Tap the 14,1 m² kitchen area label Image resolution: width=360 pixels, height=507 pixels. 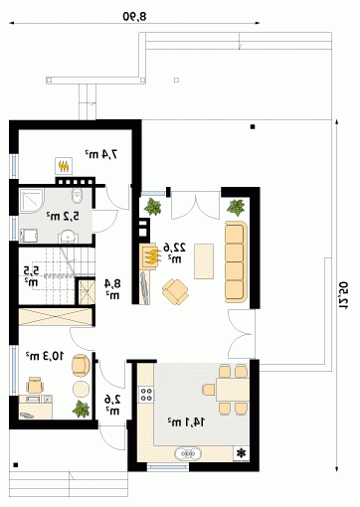[186, 422]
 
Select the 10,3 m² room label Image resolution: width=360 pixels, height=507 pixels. [45, 356]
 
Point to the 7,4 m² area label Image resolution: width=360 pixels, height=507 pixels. [101, 154]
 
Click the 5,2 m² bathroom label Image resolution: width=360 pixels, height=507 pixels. [63, 217]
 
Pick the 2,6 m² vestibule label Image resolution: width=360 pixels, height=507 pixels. [112, 405]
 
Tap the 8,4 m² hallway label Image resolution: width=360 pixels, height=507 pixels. [112, 289]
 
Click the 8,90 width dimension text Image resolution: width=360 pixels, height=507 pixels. [134, 16]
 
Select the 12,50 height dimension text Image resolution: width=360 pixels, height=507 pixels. [343, 295]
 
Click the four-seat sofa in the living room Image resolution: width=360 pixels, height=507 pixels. [236, 262]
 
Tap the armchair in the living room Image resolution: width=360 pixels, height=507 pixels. [175, 291]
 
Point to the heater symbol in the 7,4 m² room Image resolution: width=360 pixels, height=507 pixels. [64, 166]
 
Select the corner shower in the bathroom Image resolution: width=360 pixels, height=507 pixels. [32, 201]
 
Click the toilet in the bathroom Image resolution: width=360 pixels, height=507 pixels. [77, 196]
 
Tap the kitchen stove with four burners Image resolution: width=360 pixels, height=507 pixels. [146, 394]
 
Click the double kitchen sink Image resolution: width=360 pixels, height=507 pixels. [188, 453]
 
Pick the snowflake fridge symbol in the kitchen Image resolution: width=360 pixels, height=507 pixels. [241, 452]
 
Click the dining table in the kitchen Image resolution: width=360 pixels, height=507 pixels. [233, 389]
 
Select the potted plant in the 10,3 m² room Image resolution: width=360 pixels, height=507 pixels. [82, 409]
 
